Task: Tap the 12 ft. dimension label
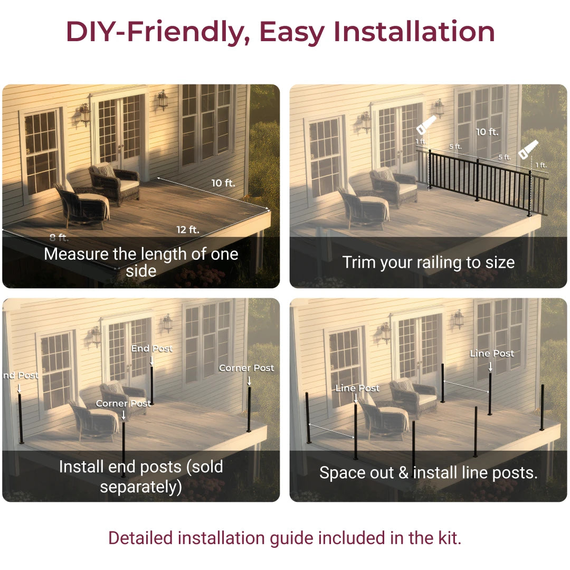(188, 230)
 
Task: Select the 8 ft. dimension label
(59, 237)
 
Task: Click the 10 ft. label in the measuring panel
(223, 183)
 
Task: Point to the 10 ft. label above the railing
(487, 132)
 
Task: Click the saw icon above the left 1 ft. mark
(426, 125)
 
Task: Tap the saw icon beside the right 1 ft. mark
(528, 149)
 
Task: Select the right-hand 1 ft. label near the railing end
(541, 165)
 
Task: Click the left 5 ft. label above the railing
(455, 147)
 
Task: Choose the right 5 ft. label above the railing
(505, 157)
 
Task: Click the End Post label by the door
(151, 348)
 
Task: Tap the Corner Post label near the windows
(246, 368)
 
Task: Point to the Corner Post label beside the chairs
(123, 404)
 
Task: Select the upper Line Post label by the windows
(492, 353)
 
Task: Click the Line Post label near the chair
(357, 388)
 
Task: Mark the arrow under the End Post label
(151, 360)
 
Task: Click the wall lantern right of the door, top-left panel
(163, 100)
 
